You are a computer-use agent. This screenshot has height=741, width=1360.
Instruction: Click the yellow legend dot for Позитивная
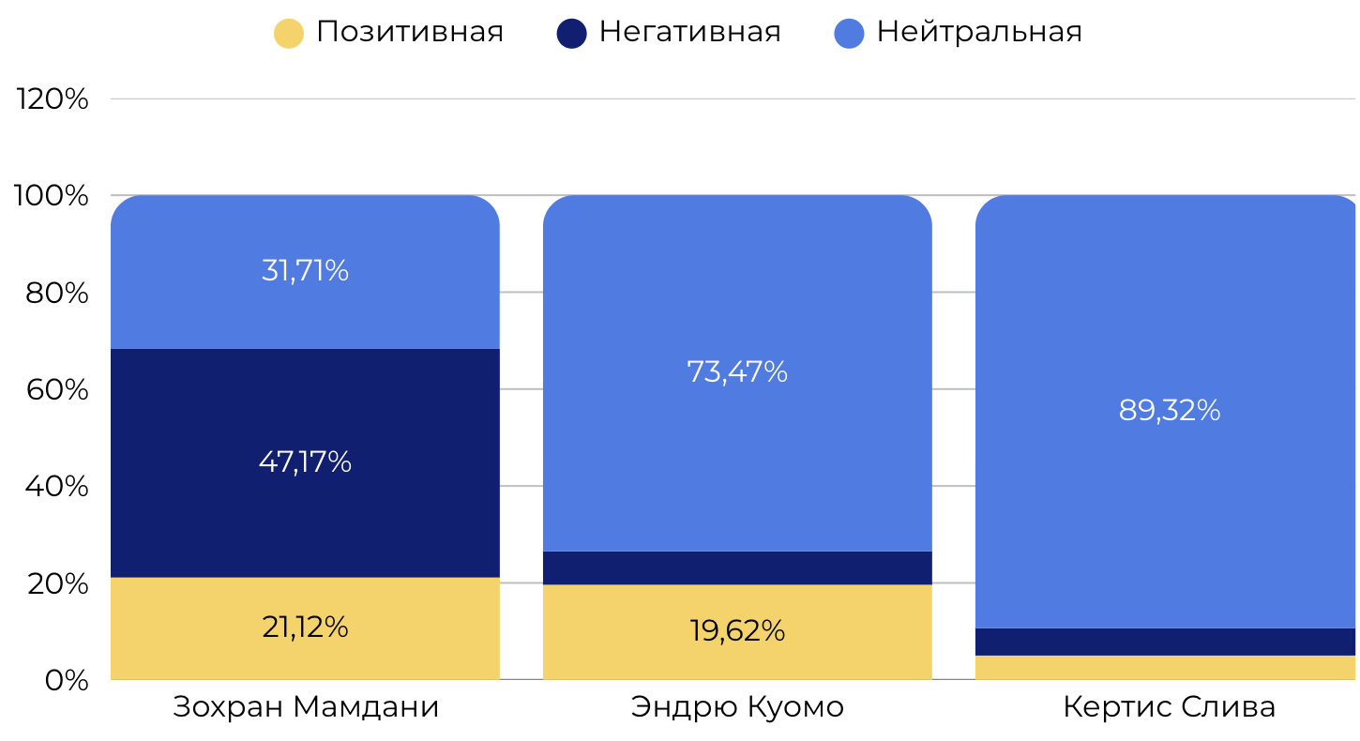[x=289, y=34]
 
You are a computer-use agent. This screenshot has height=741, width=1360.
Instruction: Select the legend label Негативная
[x=689, y=32]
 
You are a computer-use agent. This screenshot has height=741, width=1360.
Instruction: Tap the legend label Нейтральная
[x=979, y=32]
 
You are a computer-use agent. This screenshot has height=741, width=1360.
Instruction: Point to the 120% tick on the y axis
[x=53, y=98]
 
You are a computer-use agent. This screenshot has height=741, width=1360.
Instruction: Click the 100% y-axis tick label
[x=53, y=196]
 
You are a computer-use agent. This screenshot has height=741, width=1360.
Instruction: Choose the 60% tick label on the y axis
[x=57, y=389]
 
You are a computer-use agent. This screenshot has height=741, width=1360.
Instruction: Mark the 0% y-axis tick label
[x=67, y=680]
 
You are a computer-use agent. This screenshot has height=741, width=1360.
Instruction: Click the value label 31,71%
[x=305, y=271]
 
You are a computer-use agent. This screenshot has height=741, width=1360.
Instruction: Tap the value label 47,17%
[x=305, y=461]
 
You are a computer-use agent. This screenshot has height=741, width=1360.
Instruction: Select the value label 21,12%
[x=305, y=627]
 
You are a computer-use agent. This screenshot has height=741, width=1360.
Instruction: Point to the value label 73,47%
[x=737, y=372]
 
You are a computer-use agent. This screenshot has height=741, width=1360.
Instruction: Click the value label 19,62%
[x=737, y=631]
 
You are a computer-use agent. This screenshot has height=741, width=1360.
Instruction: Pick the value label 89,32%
[x=1170, y=410]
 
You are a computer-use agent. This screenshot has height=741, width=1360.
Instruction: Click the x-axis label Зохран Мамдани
[x=306, y=707]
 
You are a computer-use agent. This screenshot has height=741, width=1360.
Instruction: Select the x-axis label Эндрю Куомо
[x=737, y=707]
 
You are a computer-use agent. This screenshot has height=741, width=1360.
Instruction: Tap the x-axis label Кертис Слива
[x=1169, y=707]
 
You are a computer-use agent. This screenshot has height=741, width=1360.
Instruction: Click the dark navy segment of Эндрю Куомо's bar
[x=737, y=567]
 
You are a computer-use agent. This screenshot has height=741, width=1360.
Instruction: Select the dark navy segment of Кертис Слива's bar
[x=1167, y=642]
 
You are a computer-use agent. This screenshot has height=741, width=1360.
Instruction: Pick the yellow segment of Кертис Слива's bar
[x=1167, y=668]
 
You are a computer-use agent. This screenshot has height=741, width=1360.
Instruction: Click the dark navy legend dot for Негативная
[x=571, y=34]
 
